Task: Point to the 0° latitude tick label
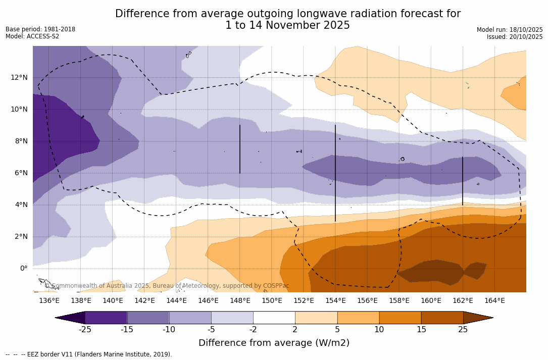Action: click(24, 269)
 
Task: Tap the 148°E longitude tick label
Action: click(240, 301)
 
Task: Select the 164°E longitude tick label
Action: click(494, 301)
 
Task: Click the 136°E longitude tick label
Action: click(49, 301)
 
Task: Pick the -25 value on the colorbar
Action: click(85, 330)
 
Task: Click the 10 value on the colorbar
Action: click(379, 330)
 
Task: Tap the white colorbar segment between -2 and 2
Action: click(274, 318)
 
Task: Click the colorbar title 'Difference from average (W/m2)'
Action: click(274, 343)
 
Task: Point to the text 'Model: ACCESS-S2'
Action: click(32, 36)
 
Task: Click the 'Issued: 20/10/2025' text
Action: click(515, 37)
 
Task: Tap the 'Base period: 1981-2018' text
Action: click(40, 29)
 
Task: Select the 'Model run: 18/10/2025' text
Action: click(510, 30)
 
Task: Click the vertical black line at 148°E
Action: click(240, 149)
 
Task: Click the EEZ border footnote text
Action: click(89, 354)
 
